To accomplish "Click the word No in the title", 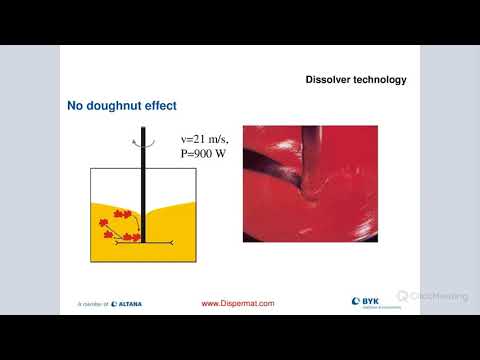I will (x=76, y=104).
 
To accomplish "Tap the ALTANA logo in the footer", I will (x=127, y=303).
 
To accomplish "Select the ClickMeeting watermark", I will (x=431, y=296).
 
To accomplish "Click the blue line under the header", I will (x=240, y=90).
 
